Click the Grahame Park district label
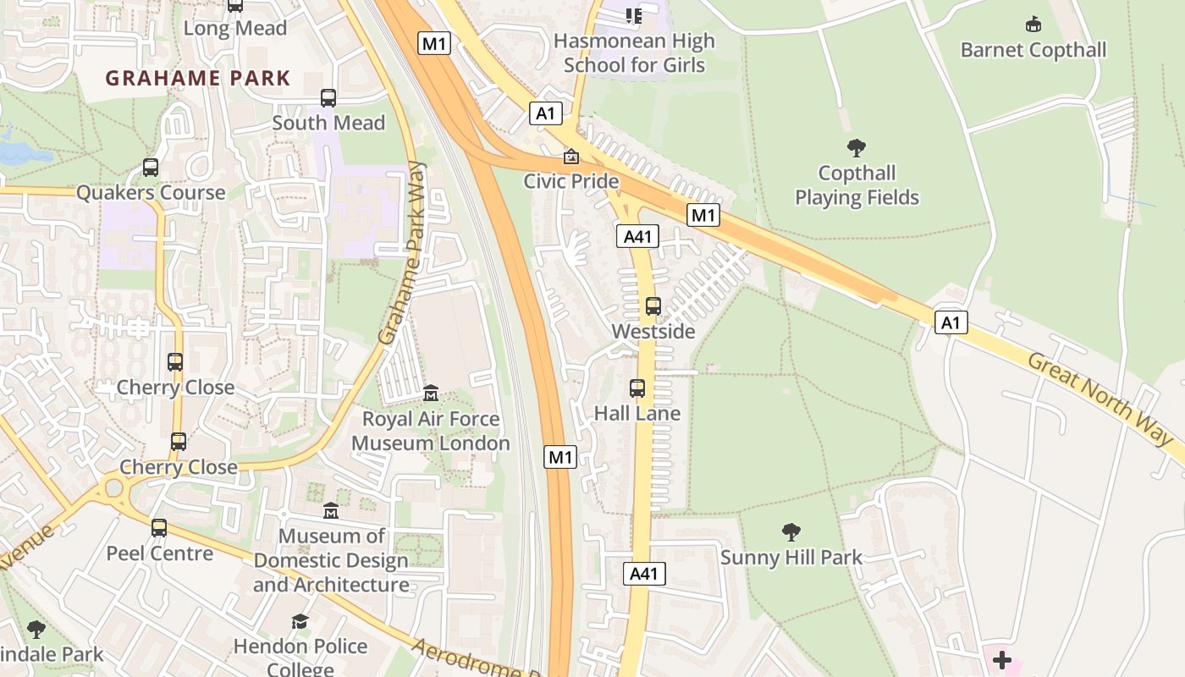tap(197, 79)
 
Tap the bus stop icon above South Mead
tap(328, 98)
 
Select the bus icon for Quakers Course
tap(151, 168)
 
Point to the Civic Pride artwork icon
tap(571, 157)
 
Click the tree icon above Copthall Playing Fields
tap(857, 148)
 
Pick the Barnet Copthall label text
tap(1033, 50)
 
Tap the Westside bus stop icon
tap(653, 306)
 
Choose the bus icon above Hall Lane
tap(637, 388)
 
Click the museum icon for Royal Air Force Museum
tap(431, 394)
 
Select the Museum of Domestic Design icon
tap(331, 511)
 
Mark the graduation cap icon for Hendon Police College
tap(300, 622)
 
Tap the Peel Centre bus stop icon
tap(159, 528)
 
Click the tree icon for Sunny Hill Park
tap(791, 532)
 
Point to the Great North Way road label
tap(1100, 398)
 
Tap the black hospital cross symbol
tap(1002, 659)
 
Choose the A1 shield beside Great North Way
tap(951, 322)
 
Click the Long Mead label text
tap(235, 28)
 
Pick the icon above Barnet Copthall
tap(1033, 24)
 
